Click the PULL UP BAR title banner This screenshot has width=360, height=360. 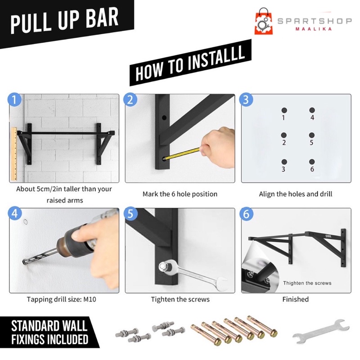coord(64,22)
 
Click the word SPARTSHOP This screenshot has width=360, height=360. coord(315,21)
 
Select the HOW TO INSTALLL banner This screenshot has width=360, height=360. coord(190,63)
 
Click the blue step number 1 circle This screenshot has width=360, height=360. coord(14,100)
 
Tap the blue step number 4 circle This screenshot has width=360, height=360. coord(15,213)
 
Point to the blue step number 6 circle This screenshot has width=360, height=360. coord(246,214)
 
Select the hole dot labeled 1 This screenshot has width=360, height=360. coord(284,110)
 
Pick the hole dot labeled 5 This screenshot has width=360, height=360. coord(311,135)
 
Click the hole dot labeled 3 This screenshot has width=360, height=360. coord(284,162)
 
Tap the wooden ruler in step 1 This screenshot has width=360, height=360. coord(14,153)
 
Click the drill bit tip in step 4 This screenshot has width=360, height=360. coord(24,262)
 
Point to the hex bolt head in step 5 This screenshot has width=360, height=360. coord(163,266)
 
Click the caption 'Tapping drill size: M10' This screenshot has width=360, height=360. coord(62,299)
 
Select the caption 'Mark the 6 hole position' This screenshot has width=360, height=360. coord(180,194)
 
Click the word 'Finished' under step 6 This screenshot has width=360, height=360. coord(296,299)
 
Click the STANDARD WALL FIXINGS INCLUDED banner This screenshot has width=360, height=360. coord(49,332)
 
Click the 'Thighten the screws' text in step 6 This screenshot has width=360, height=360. coord(307,283)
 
